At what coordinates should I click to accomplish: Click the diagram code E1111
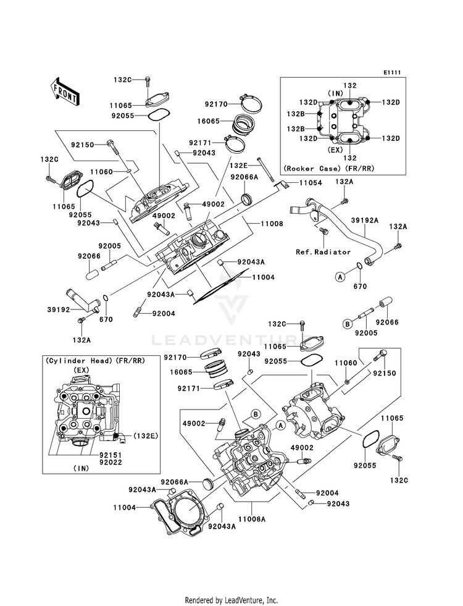391,73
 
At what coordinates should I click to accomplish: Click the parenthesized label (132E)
145,437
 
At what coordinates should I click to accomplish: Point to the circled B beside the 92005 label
348,322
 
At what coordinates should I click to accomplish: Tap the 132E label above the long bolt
239,166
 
